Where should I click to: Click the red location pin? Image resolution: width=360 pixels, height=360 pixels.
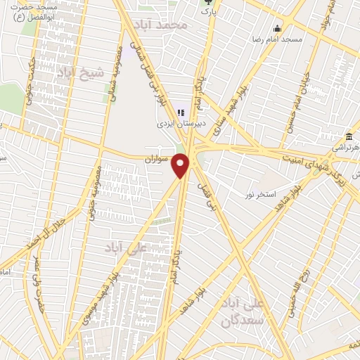click(x=182, y=166)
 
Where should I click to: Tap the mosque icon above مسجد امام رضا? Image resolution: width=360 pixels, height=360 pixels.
click(x=278, y=29)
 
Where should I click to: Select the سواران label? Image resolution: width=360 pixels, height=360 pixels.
click(x=158, y=158)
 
